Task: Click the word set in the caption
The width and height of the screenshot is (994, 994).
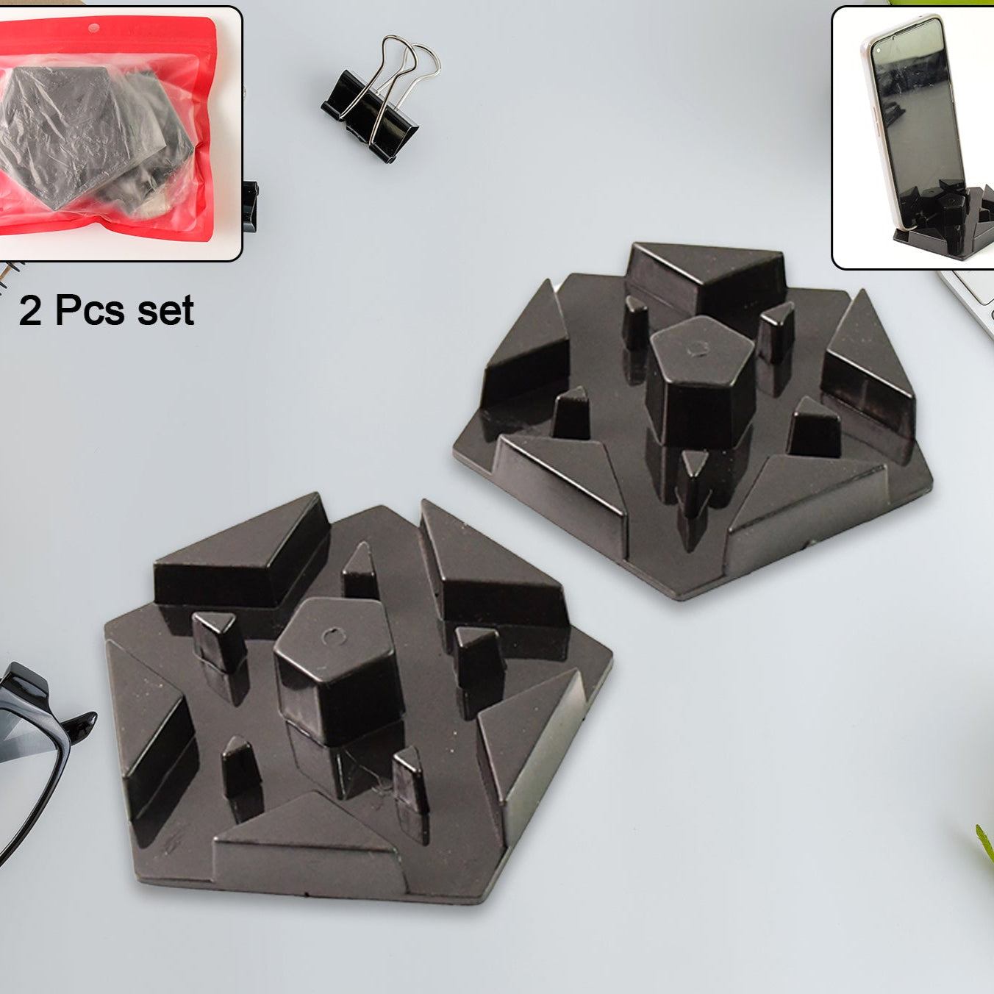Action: coord(166,310)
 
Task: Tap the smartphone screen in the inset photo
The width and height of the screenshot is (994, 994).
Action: coord(912,110)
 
